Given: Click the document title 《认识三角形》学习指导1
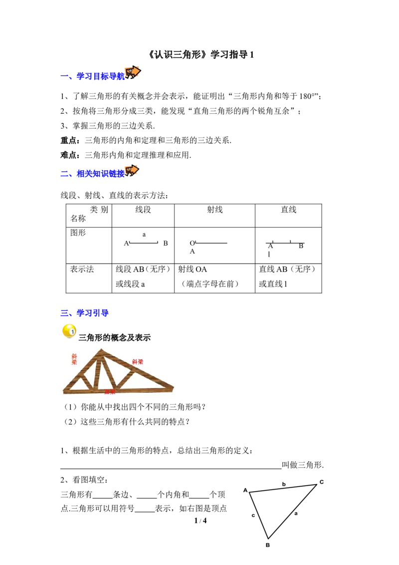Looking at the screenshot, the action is tap(200, 54).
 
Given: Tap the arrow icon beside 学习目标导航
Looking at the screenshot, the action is tap(133, 72).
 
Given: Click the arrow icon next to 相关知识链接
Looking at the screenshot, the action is tap(132, 170).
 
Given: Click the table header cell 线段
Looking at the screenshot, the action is tap(143, 209).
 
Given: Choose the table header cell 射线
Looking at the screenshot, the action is tap(214, 209).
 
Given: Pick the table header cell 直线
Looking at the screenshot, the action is tap(288, 209).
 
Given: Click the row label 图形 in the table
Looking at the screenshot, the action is tap(78, 233).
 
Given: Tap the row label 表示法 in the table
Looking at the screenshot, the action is tap(82, 269).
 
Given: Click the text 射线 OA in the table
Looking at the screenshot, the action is tap(193, 269).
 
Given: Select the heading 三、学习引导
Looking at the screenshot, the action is tap(85, 313).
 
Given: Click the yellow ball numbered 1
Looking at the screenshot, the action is tap(69, 331).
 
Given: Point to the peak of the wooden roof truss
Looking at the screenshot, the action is tap(102, 349).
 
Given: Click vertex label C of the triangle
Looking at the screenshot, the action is tap(322, 482).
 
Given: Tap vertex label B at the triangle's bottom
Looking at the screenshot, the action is tap(267, 545).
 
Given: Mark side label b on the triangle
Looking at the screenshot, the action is tap(284, 484).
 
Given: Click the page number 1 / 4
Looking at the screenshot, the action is tap(200, 520).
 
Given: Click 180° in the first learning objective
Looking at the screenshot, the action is tap(308, 96).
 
